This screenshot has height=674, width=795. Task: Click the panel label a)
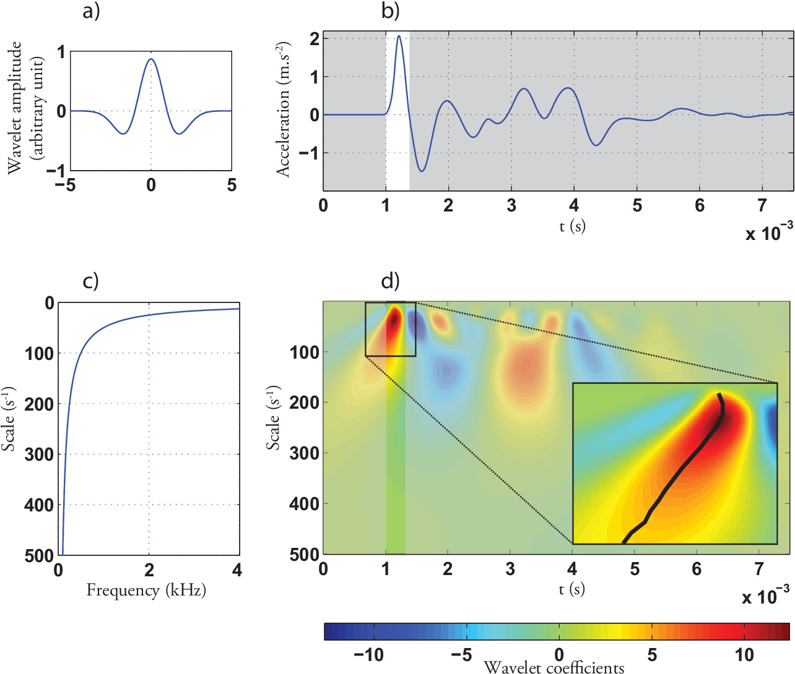(x=90, y=11)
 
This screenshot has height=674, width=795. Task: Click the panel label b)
(x=390, y=11)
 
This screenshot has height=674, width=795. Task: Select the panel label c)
(x=90, y=281)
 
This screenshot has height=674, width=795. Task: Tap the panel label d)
(x=390, y=281)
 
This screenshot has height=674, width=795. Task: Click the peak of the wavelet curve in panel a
(x=151, y=59)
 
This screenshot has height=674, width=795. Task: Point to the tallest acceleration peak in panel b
(x=399, y=36)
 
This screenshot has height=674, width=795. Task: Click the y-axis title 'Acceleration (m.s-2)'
(x=283, y=110)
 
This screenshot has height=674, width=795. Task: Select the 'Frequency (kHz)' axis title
(x=146, y=590)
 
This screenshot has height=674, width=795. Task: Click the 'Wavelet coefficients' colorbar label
(x=554, y=667)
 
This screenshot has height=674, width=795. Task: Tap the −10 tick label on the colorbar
(x=369, y=654)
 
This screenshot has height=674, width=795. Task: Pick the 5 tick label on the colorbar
(x=652, y=654)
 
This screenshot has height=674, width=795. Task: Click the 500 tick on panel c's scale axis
(x=40, y=555)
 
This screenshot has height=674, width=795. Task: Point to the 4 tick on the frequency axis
(x=237, y=570)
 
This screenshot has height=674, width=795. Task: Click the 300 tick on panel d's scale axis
(x=304, y=453)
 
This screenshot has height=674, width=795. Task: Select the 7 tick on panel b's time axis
(x=762, y=205)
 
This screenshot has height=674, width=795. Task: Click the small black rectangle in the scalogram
(x=390, y=329)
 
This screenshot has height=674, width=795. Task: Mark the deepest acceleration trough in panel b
(x=422, y=171)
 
